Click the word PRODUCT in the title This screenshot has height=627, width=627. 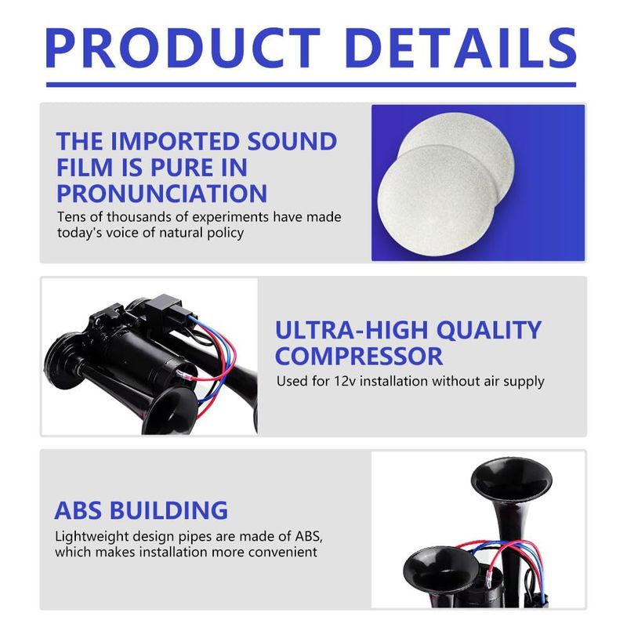point(183,48)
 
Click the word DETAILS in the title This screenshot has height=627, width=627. point(461,48)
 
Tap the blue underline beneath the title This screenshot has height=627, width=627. point(311,85)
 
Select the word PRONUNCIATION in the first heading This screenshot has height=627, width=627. point(161,194)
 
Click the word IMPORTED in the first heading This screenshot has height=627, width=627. point(176,141)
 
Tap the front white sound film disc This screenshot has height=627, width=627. point(437,200)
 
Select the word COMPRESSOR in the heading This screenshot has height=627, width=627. point(359,357)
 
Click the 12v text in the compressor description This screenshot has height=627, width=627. point(345,381)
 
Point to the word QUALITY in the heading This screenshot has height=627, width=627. point(489,331)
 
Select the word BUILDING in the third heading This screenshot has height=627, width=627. point(169,510)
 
